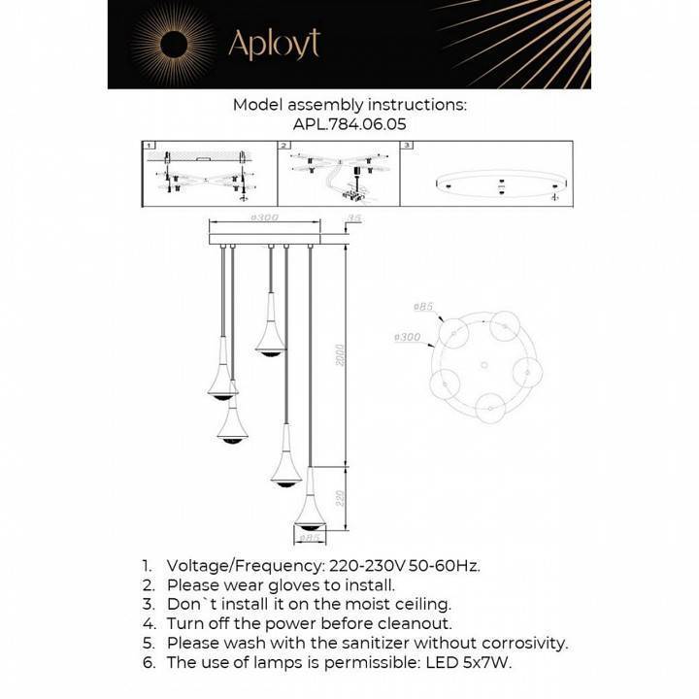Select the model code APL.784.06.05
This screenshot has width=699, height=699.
pyautogui.click(x=349, y=124)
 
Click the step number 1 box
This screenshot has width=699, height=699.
pyautogui.click(x=150, y=146)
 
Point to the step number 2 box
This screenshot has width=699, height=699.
pyautogui.click(x=284, y=146)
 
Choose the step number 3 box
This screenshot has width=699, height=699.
pyautogui.click(x=408, y=146)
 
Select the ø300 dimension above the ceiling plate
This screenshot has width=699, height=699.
pyautogui.click(x=265, y=216)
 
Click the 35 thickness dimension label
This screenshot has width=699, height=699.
pyautogui.click(x=355, y=219)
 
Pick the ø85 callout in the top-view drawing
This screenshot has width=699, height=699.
pyautogui.click(x=423, y=308)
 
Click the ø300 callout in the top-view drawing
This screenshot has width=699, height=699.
pyautogui.click(x=407, y=338)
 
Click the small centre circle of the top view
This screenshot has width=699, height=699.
pyautogui.click(x=483, y=365)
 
